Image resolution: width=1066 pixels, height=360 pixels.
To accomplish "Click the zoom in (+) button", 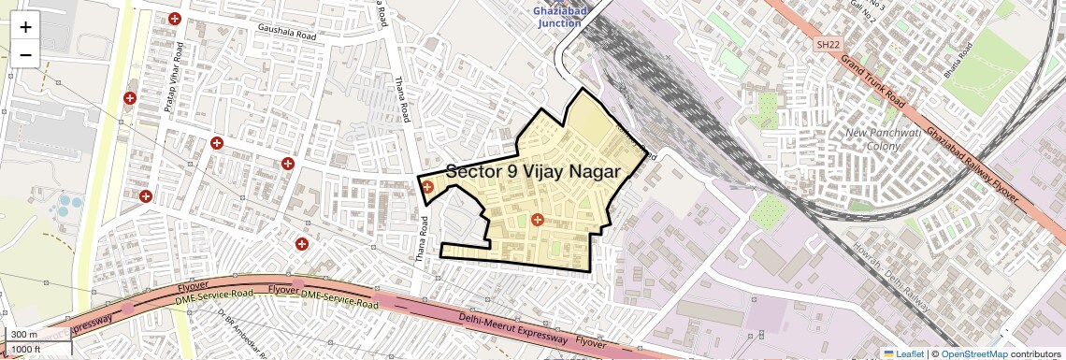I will [25, 26].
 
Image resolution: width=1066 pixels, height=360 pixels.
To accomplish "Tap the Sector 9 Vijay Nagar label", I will [533, 171].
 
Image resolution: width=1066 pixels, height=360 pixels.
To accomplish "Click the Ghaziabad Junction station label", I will [557, 16].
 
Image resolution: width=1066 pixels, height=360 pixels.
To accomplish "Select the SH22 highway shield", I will [827, 44].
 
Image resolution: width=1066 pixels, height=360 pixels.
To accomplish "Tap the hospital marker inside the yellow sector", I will [537, 221].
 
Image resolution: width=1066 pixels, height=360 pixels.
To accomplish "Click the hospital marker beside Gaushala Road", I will [174, 19].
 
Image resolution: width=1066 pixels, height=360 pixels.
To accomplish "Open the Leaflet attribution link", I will [902, 353].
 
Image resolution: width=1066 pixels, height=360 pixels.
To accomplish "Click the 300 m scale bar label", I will [25, 335].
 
